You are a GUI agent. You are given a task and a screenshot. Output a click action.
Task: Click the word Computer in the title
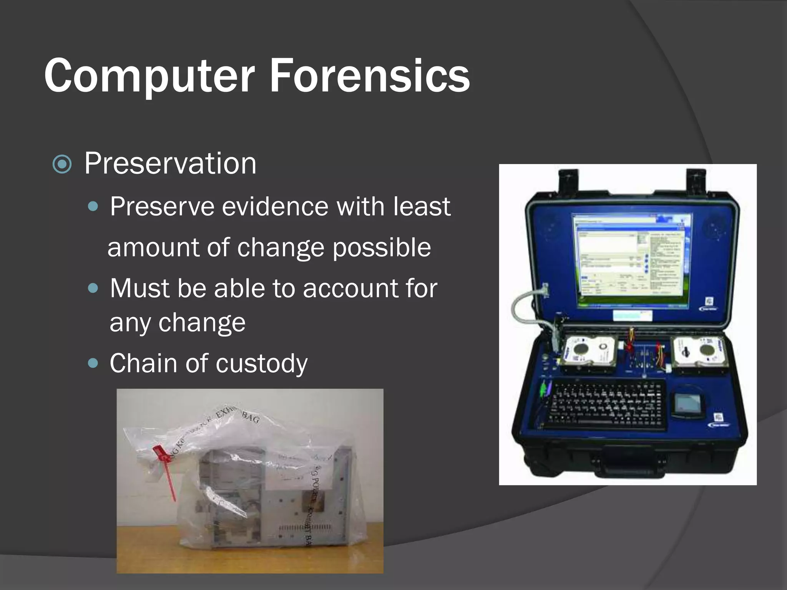[x=149, y=75]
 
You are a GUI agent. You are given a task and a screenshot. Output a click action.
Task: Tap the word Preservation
[x=170, y=164]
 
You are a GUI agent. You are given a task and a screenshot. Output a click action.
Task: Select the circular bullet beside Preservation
[x=62, y=164]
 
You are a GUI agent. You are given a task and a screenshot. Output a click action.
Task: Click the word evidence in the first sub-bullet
[x=275, y=207]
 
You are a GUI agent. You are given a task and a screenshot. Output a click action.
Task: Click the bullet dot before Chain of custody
[x=93, y=363]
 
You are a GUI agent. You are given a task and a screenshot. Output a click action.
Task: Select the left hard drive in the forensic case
[x=588, y=353]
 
